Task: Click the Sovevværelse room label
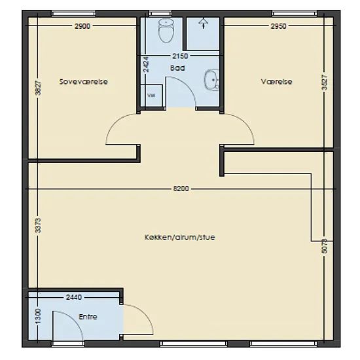[84, 82]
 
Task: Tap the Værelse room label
[277, 82]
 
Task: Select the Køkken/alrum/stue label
[180, 237]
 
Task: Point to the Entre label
[88, 317]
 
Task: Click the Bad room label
[177, 68]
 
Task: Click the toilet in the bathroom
[166, 31]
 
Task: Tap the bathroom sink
[211, 80]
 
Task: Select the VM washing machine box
[152, 96]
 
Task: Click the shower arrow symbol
[204, 24]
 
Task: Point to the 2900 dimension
[82, 26]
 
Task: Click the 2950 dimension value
[278, 26]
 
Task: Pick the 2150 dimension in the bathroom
[180, 56]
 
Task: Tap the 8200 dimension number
[181, 189]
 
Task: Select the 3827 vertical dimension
[39, 88]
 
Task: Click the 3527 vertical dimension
[325, 82]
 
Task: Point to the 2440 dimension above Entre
[74, 297]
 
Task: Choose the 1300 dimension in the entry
[39, 316]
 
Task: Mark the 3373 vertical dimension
[39, 225]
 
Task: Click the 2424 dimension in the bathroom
[146, 65]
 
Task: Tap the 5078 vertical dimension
[325, 246]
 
